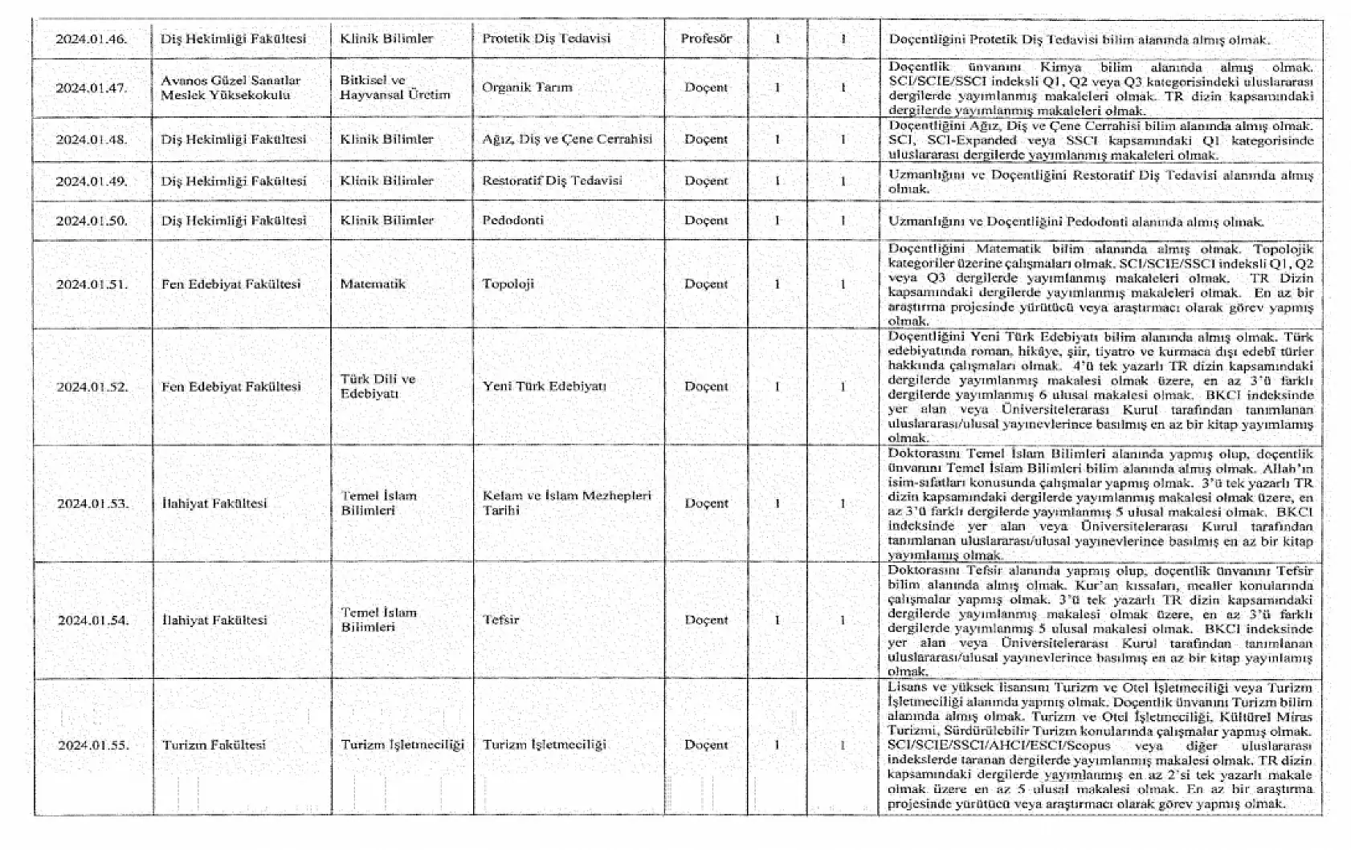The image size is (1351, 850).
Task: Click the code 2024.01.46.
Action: pyautogui.click(x=92, y=39)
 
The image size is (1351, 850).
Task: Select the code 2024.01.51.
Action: pyautogui.click(x=92, y=284)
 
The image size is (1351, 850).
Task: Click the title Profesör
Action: pyautogui.click(x=706, y=39)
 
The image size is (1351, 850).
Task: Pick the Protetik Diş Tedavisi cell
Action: pyautogui.click(x=546, y=39)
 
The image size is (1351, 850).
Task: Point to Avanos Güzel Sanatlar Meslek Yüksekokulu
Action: pyautogui.click(x=231, y=87)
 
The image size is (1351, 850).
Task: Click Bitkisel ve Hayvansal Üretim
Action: pyautogui.click(x=394, y=87)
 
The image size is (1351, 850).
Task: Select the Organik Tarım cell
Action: pyautogui.click(x=527, y=87)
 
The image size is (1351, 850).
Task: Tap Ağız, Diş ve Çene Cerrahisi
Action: pyautogui.click(x=567, y=139)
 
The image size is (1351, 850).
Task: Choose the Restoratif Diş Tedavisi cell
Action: pyautogui.click(x=552, y=181)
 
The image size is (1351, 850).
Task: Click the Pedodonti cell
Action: pyautogui.click(x=512, y=220)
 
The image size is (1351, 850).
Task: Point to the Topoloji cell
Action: pyautogui.click(x=508, y=284)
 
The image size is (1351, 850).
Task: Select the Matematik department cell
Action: pyautogui.click(x=373, y=284)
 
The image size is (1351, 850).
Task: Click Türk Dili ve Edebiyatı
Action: pyautogui.click(x=378, y=386)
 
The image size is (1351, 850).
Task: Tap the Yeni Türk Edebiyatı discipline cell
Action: pyautogui.click(x=545, y=386)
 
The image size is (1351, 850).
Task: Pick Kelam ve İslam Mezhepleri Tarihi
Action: pyautogui.click(x=566, y=503)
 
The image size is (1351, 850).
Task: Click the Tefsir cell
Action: pyautogui.click(x=500, y=620)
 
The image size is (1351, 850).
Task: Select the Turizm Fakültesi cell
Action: pyautogui.click(x=214, y=745)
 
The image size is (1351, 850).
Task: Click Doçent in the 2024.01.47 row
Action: pyautogui.click(x=706, y=87)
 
